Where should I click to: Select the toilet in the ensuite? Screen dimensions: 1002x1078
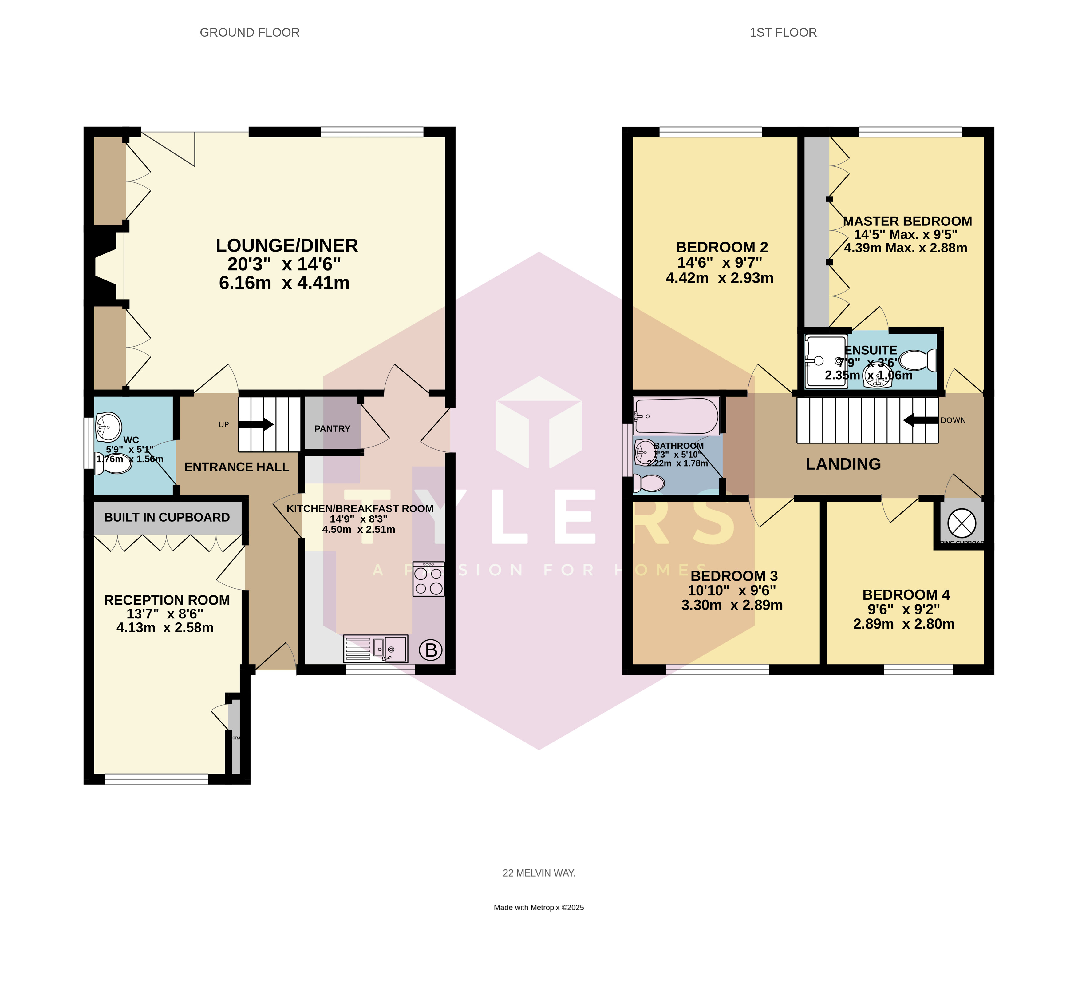pyautogui.click(x=921, y=360)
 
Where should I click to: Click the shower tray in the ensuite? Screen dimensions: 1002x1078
pyautogui.click(x=825, y=360)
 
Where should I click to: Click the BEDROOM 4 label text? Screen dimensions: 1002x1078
pyautogui.click(x=906, y=595)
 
